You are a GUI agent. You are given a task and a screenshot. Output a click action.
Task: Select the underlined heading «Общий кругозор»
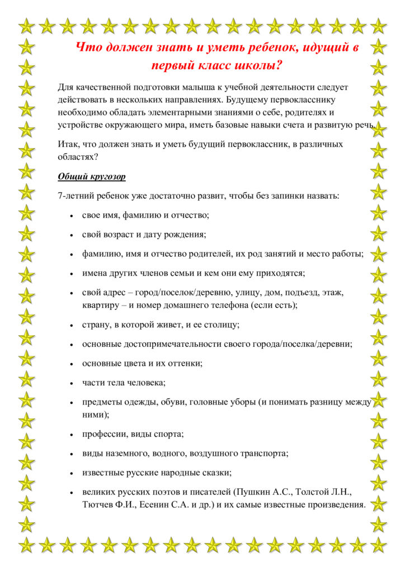click(92, 177)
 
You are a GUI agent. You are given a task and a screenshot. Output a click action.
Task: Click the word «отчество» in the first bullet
click(192, 214)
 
